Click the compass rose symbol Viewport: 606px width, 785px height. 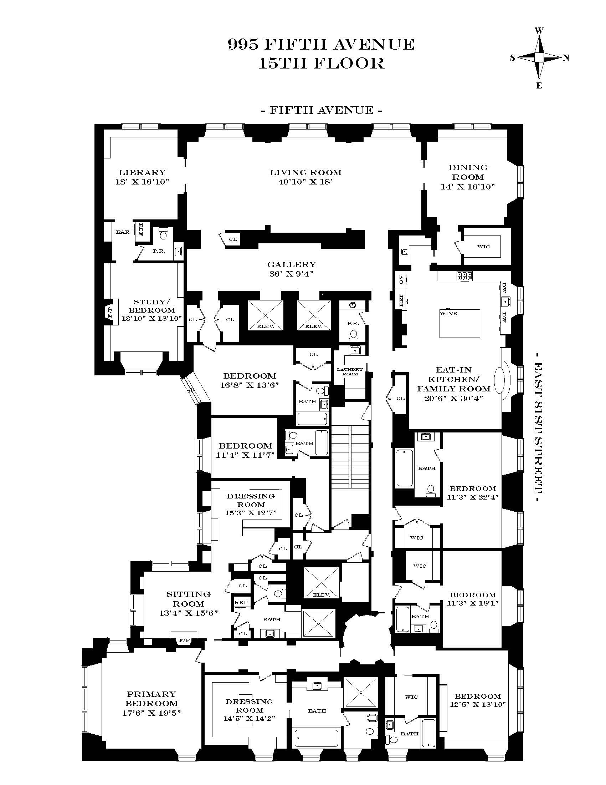[539, 57]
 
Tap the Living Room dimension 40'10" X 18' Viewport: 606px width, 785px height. [305, 182]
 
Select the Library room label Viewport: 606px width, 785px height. [142, 173]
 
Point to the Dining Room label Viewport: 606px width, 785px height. [468, 172]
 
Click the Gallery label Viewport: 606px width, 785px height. [292, 264]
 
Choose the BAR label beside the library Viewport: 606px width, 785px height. [122, 232]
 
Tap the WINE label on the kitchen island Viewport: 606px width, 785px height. [448, 313]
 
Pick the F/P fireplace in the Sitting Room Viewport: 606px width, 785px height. [184, 640]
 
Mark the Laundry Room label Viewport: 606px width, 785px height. [350, 371]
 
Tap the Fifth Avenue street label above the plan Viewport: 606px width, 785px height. [321, 110]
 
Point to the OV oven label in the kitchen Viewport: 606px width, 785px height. [401, 279]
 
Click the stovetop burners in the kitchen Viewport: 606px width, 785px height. [465, 276]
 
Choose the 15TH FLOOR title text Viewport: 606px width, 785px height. [321, 64]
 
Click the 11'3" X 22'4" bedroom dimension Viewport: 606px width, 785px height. [472, 497]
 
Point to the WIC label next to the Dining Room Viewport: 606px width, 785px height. [483, 247]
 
